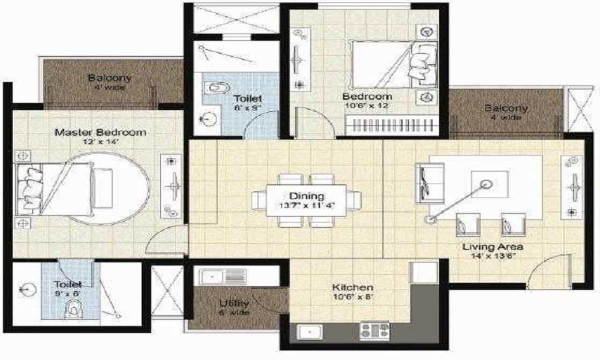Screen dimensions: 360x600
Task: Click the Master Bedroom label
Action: (x=92, y=131)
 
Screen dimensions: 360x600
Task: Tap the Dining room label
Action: (x=307, y=196)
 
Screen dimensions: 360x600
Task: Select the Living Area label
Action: (x=493, y=247)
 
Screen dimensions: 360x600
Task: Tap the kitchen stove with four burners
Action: (x=374, y=331)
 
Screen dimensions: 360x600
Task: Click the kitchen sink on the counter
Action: (x=310, y=331)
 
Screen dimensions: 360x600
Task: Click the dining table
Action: (x=307, y=200)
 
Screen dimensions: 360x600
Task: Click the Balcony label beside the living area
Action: (x=506, y=109)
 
